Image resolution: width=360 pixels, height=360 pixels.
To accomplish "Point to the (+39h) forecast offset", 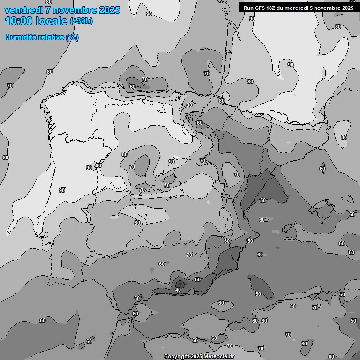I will (81, 21).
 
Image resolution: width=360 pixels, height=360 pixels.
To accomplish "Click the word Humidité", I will (21, 37).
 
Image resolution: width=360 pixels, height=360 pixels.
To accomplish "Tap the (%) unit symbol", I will (72, 37).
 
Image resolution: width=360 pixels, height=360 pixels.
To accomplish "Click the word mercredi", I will (300, 7).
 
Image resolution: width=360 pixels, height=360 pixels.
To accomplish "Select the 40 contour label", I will (178, 290).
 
